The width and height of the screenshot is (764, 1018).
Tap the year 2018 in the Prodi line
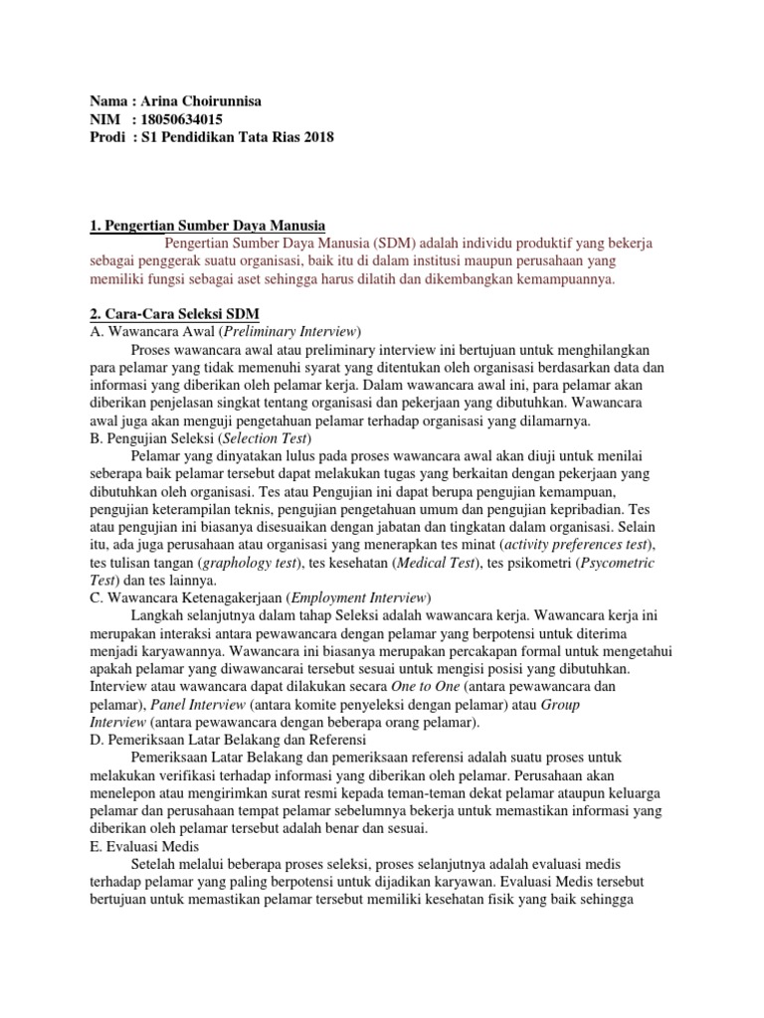(317, 137)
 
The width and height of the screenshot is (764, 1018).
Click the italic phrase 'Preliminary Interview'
(291, 331)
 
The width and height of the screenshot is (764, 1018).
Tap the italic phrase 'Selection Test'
(266, 437)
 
